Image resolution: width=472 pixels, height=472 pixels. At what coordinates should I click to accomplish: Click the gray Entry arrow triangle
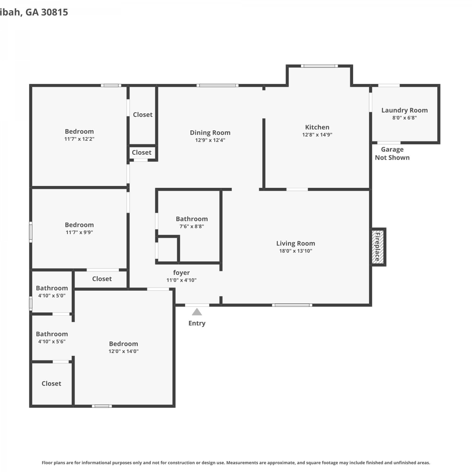coord(197,312)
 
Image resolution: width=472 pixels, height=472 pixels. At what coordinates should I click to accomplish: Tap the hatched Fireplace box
coord(378,247)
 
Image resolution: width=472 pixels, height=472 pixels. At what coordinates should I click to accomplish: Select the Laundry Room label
coord(405,110)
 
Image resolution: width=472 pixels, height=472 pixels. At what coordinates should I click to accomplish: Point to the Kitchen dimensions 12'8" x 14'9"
coord(317,135)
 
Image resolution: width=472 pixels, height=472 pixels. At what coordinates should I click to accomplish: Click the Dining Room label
coord(210,133)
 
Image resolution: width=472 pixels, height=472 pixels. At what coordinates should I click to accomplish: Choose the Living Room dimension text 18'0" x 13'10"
coord(296,251)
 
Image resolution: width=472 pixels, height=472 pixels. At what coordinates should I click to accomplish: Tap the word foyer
coord(182,273)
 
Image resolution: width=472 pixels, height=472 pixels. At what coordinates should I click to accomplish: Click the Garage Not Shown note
coord(392,154)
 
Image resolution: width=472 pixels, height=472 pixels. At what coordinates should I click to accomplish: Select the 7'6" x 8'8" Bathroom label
coord(192,219)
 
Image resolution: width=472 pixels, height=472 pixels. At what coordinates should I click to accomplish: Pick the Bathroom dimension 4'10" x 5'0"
coord(52,295)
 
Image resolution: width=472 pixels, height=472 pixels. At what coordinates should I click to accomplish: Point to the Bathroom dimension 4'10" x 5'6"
coord(52,341)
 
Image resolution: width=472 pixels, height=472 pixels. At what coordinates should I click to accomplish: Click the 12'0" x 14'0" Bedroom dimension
coord(124,351)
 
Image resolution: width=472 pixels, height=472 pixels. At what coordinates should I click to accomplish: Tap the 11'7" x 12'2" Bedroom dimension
coord(79,139)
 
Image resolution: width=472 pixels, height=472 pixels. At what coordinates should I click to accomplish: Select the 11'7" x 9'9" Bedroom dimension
coord(79,232)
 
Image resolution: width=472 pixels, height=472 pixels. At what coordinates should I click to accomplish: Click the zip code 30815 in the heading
coord(54,12)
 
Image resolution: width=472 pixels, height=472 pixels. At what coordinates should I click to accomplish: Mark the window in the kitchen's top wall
coord(319,66)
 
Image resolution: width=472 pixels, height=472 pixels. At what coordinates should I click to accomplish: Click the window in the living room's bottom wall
coord(292,305)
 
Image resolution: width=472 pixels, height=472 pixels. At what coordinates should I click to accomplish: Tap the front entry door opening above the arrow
coord(197,305)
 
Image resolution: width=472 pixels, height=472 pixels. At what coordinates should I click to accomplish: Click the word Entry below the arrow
coord(197,323)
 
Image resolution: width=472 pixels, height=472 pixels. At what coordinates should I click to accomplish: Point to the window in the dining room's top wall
coord(217,85)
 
